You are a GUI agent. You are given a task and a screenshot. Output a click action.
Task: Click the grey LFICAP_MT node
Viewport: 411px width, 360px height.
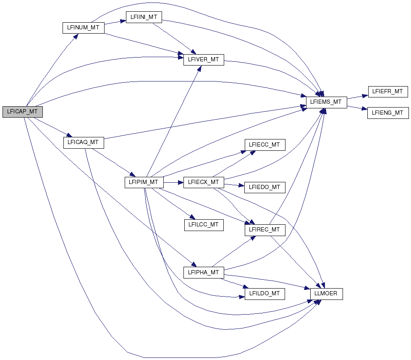[23, 112]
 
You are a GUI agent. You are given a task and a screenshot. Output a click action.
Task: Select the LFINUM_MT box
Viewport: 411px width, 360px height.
[84, 28]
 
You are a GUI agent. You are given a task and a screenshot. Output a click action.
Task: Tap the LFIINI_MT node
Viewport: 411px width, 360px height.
[144, 17]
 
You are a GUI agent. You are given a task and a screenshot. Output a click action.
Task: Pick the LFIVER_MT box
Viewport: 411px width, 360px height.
[204, 60]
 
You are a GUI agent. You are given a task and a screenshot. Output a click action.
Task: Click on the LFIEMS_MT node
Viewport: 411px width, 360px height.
[327, 102]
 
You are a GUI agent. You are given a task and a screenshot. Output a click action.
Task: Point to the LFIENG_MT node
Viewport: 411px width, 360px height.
[388, 113]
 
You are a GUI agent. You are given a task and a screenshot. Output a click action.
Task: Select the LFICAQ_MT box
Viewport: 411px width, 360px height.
[84, 143]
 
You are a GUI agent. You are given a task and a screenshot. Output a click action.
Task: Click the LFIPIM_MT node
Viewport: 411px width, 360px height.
[144, 182]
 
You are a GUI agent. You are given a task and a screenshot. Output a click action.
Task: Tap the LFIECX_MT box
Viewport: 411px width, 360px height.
[204, 182]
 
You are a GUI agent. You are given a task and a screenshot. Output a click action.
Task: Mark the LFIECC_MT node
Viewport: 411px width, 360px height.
[265, 145]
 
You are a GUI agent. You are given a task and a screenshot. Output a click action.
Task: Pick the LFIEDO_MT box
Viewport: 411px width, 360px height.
[265, 187]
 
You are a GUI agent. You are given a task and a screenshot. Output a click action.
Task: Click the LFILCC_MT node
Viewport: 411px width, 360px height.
[204, 225]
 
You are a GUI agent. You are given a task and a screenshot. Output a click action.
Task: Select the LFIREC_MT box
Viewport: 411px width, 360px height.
[265, 230]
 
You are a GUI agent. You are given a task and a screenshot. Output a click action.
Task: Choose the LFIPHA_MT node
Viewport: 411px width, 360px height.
[204, 273]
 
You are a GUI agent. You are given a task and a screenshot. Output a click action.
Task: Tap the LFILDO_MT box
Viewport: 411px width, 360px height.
[265, 294]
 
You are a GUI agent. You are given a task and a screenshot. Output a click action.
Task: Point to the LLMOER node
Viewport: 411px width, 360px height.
[326, 294]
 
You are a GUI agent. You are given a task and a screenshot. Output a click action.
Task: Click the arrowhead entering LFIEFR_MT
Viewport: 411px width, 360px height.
[365, 96]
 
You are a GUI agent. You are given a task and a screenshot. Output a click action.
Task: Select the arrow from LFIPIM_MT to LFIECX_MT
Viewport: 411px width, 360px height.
[173, 182]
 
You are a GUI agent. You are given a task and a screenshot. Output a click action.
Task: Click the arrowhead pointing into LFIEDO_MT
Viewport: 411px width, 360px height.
[242, 186]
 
